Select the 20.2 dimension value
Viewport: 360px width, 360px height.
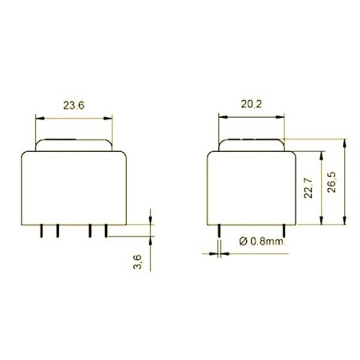[251, 104]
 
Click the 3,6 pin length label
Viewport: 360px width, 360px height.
[137, 260]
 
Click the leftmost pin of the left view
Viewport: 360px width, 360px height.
[41, 230]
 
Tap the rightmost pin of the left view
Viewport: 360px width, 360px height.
[106, 230]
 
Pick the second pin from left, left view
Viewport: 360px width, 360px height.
[57, 230]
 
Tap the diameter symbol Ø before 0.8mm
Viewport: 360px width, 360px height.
[242, 241]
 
